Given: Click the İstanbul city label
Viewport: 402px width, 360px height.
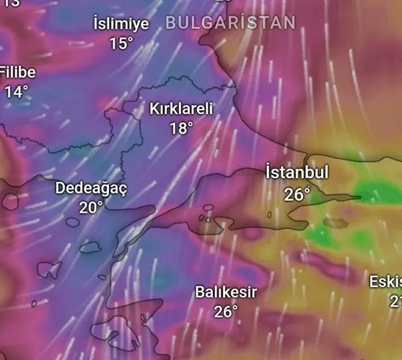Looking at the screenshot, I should point(297,173).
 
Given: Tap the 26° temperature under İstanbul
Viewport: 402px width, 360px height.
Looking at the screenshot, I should point(297,194).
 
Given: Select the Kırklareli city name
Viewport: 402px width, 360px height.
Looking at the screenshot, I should point(181,108).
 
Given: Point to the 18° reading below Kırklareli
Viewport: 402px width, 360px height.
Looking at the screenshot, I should point(181,128).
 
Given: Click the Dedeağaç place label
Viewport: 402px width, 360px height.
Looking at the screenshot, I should point(91,188).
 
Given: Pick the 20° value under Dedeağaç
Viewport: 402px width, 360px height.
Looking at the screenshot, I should point(91,207).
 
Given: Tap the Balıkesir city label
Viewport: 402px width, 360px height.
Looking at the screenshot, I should point(226,292).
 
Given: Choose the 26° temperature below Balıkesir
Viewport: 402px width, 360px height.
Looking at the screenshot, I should point(226,312).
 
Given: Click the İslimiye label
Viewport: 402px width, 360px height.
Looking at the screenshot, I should point(121,24).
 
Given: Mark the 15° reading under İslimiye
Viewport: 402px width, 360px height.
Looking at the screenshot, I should point(121,44).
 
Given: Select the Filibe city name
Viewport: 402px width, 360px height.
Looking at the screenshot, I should point(18,72).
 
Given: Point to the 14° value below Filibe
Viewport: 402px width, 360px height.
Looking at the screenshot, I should point(17,92).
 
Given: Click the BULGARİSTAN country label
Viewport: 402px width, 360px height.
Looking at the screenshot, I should point(230,23).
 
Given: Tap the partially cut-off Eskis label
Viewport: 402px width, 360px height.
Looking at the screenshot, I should point(385,282).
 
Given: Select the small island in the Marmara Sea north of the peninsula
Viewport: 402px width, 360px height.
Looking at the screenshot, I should point(208,208).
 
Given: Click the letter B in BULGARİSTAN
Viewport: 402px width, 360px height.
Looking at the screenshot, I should point(171,23).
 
